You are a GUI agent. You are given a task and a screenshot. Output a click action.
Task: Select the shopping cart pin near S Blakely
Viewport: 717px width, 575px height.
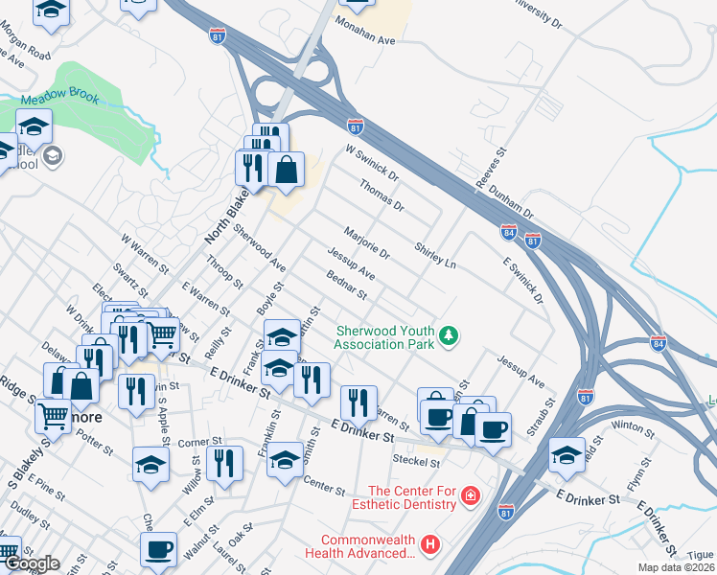pyautogui.click(x=52, y=416)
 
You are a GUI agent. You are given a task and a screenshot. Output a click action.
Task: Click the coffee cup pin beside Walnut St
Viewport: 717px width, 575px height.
pyautogui.click(x=158, y=549)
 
